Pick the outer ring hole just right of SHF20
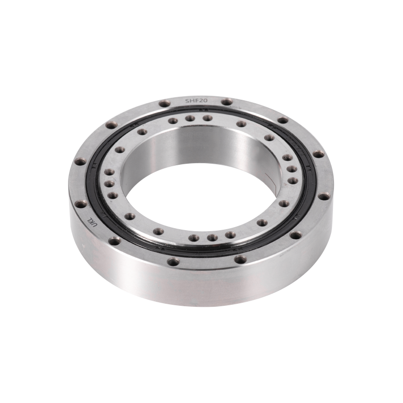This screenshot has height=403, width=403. click(x=227, y=102)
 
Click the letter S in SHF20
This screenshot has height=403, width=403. click(x=186, y=101)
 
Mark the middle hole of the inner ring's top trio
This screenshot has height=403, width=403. click(x=190, y=118)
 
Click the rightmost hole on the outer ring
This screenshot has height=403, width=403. click(x=317, y=154)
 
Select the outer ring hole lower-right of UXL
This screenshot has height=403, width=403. click(x=115, y=241)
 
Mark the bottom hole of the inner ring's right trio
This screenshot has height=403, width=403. click(x=292, y=180)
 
